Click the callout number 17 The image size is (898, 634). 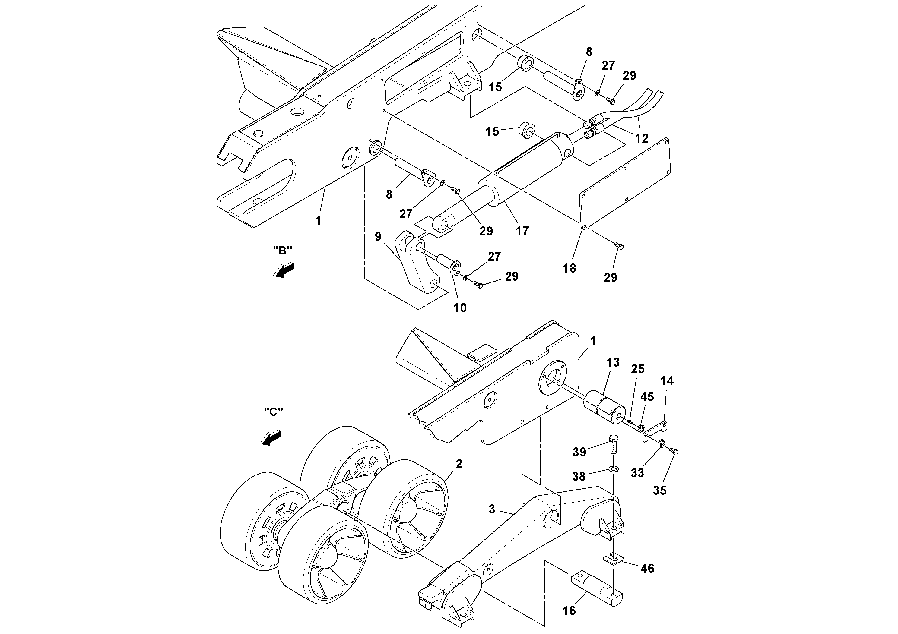[522, 231]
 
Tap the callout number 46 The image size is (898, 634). [647, 568]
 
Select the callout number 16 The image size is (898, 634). [570, 610]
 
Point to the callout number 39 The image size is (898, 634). [579, 452]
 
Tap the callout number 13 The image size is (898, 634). [613, 362]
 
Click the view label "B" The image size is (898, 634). [282, 251]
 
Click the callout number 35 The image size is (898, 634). [659, 490]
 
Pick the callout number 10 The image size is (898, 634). [460, 308]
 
